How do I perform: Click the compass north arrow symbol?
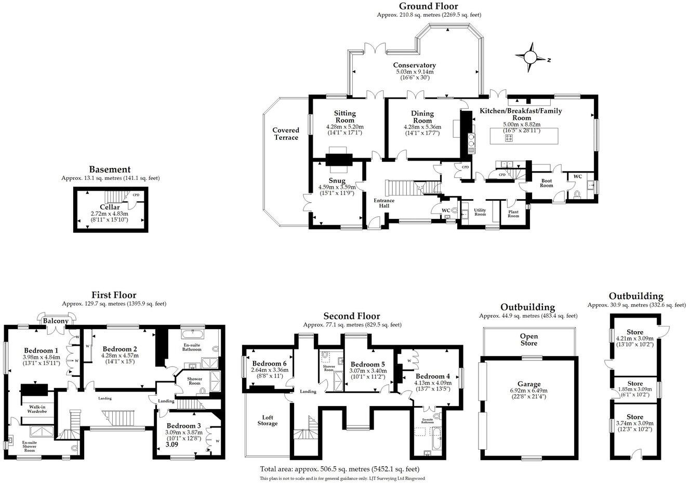click(531, 56)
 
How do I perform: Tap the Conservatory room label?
click(414, 65)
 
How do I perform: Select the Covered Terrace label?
click(286, 134)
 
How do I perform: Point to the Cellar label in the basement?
click(110, 207)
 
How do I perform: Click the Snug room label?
click(337, 180)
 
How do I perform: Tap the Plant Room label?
click(513, 213)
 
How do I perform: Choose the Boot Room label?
click(546, 183)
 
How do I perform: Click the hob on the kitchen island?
click(509, 138)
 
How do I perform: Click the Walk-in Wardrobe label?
click(34, 409)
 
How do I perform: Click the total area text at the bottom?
click(339, 468)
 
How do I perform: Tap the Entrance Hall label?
click(384, 203)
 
